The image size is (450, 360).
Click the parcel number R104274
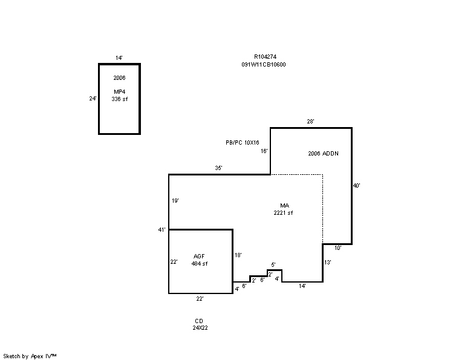pos(265,56)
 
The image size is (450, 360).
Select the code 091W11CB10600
pos(264,65)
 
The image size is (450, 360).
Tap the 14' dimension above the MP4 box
pos(119,57)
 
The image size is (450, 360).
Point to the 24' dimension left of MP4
pos(93,99)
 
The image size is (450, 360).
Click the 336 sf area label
pos(120,99)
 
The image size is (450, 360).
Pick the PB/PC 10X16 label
pos(243,142)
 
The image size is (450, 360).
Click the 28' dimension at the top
pos(310,122)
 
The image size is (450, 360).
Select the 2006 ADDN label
pos(323,154)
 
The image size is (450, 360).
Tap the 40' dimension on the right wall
pos(356,186)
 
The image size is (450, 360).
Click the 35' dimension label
pos(219,168)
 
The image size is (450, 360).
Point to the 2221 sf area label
pos(283,213)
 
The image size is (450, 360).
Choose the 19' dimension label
pos(175,201)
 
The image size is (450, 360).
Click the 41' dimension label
pos(162,230)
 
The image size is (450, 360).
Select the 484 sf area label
pos(200,264)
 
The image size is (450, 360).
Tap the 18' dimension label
pos(238,255)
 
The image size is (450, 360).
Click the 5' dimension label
pos(273,264)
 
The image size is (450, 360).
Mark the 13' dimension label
pos(328,263)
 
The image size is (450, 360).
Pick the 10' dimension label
pos(338,248)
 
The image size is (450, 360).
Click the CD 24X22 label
pos(200,324)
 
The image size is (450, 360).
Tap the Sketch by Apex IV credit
pos(30,356)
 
